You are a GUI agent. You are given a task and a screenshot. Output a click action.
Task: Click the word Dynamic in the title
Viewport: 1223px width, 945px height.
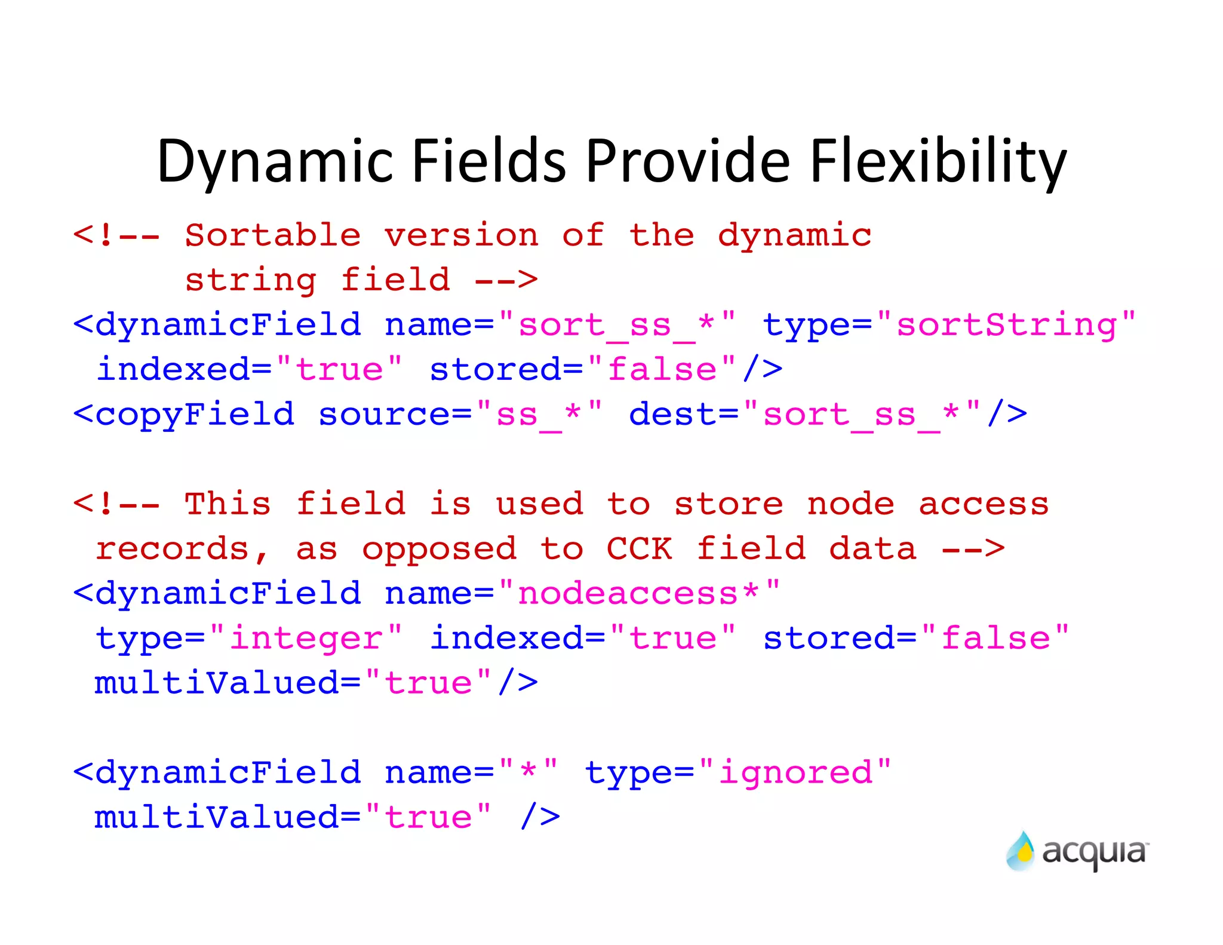pos(275,161)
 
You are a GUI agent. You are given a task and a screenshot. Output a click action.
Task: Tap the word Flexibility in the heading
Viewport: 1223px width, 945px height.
pos(938,161)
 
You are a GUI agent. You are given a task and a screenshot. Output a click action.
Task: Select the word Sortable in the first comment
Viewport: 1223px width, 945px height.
pos(272,235)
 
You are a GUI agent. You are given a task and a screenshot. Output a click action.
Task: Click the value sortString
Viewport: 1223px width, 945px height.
pos(1007,326)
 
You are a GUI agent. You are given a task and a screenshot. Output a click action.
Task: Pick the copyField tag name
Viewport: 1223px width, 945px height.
pos(195,414)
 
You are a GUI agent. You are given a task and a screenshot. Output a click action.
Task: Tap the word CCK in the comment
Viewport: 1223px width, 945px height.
pos(638,548)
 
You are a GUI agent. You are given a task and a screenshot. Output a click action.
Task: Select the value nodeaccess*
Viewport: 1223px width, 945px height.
pos(638,593)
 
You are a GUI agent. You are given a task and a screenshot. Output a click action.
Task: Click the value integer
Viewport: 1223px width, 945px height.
pos(306,638)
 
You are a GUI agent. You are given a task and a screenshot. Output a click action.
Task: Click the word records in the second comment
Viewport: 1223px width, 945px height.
pos(172,548)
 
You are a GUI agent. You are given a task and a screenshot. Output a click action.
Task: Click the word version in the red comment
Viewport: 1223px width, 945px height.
pos(461,235)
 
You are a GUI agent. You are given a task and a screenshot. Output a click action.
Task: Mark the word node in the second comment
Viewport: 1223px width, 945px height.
pos(850,504)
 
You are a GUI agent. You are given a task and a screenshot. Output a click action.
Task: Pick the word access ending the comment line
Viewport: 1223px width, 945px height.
pos(983,504)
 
